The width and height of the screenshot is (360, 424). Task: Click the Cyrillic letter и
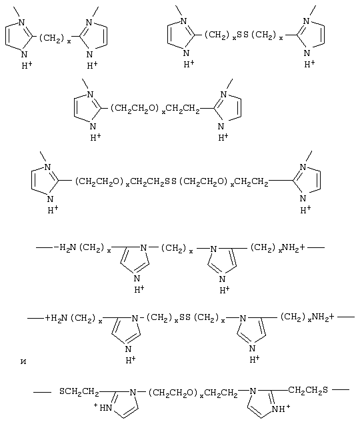pos(23,361)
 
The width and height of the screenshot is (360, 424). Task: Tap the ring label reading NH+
pos(281,408)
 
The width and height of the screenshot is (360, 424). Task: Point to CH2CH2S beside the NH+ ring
pos(308,390)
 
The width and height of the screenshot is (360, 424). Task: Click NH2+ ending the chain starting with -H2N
pos(293,247)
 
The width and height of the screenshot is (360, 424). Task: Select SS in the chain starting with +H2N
pos(185,317)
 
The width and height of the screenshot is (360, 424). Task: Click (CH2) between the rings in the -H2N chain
pos(173,248)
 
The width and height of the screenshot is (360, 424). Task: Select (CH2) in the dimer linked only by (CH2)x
pos(52,38)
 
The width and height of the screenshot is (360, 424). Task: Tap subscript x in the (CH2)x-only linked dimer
pos(69,41)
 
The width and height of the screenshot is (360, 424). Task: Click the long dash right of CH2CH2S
pos(341,389)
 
